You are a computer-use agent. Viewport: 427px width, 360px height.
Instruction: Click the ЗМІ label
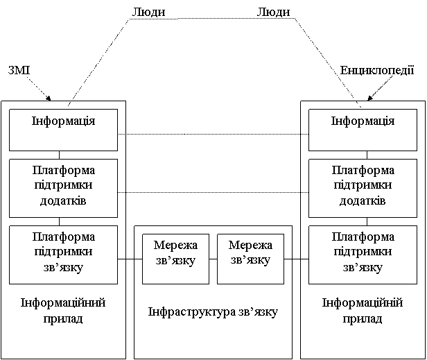coord(19,70)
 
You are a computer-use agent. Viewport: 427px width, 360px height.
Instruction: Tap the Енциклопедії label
coord(377,70)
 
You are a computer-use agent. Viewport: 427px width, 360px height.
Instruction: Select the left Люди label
coord(148,12)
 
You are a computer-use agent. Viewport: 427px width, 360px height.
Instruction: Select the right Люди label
coord(273,12)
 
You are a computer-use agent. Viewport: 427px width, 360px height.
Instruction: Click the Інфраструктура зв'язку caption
coord(213,311)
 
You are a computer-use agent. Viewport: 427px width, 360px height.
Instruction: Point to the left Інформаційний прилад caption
coord(63,310)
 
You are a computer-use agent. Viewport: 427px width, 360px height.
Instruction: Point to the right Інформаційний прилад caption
coord(363,310)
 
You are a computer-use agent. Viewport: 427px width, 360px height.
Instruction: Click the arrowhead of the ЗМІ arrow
coord(49,98)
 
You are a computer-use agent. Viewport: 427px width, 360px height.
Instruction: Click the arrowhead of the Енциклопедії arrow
coord(370,98)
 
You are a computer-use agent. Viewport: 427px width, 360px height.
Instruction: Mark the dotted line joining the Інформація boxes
coord(213,134)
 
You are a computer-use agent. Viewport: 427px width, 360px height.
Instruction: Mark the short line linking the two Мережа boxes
coord(214,259)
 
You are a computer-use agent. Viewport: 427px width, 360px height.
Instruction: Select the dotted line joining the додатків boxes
coord(213,192)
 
